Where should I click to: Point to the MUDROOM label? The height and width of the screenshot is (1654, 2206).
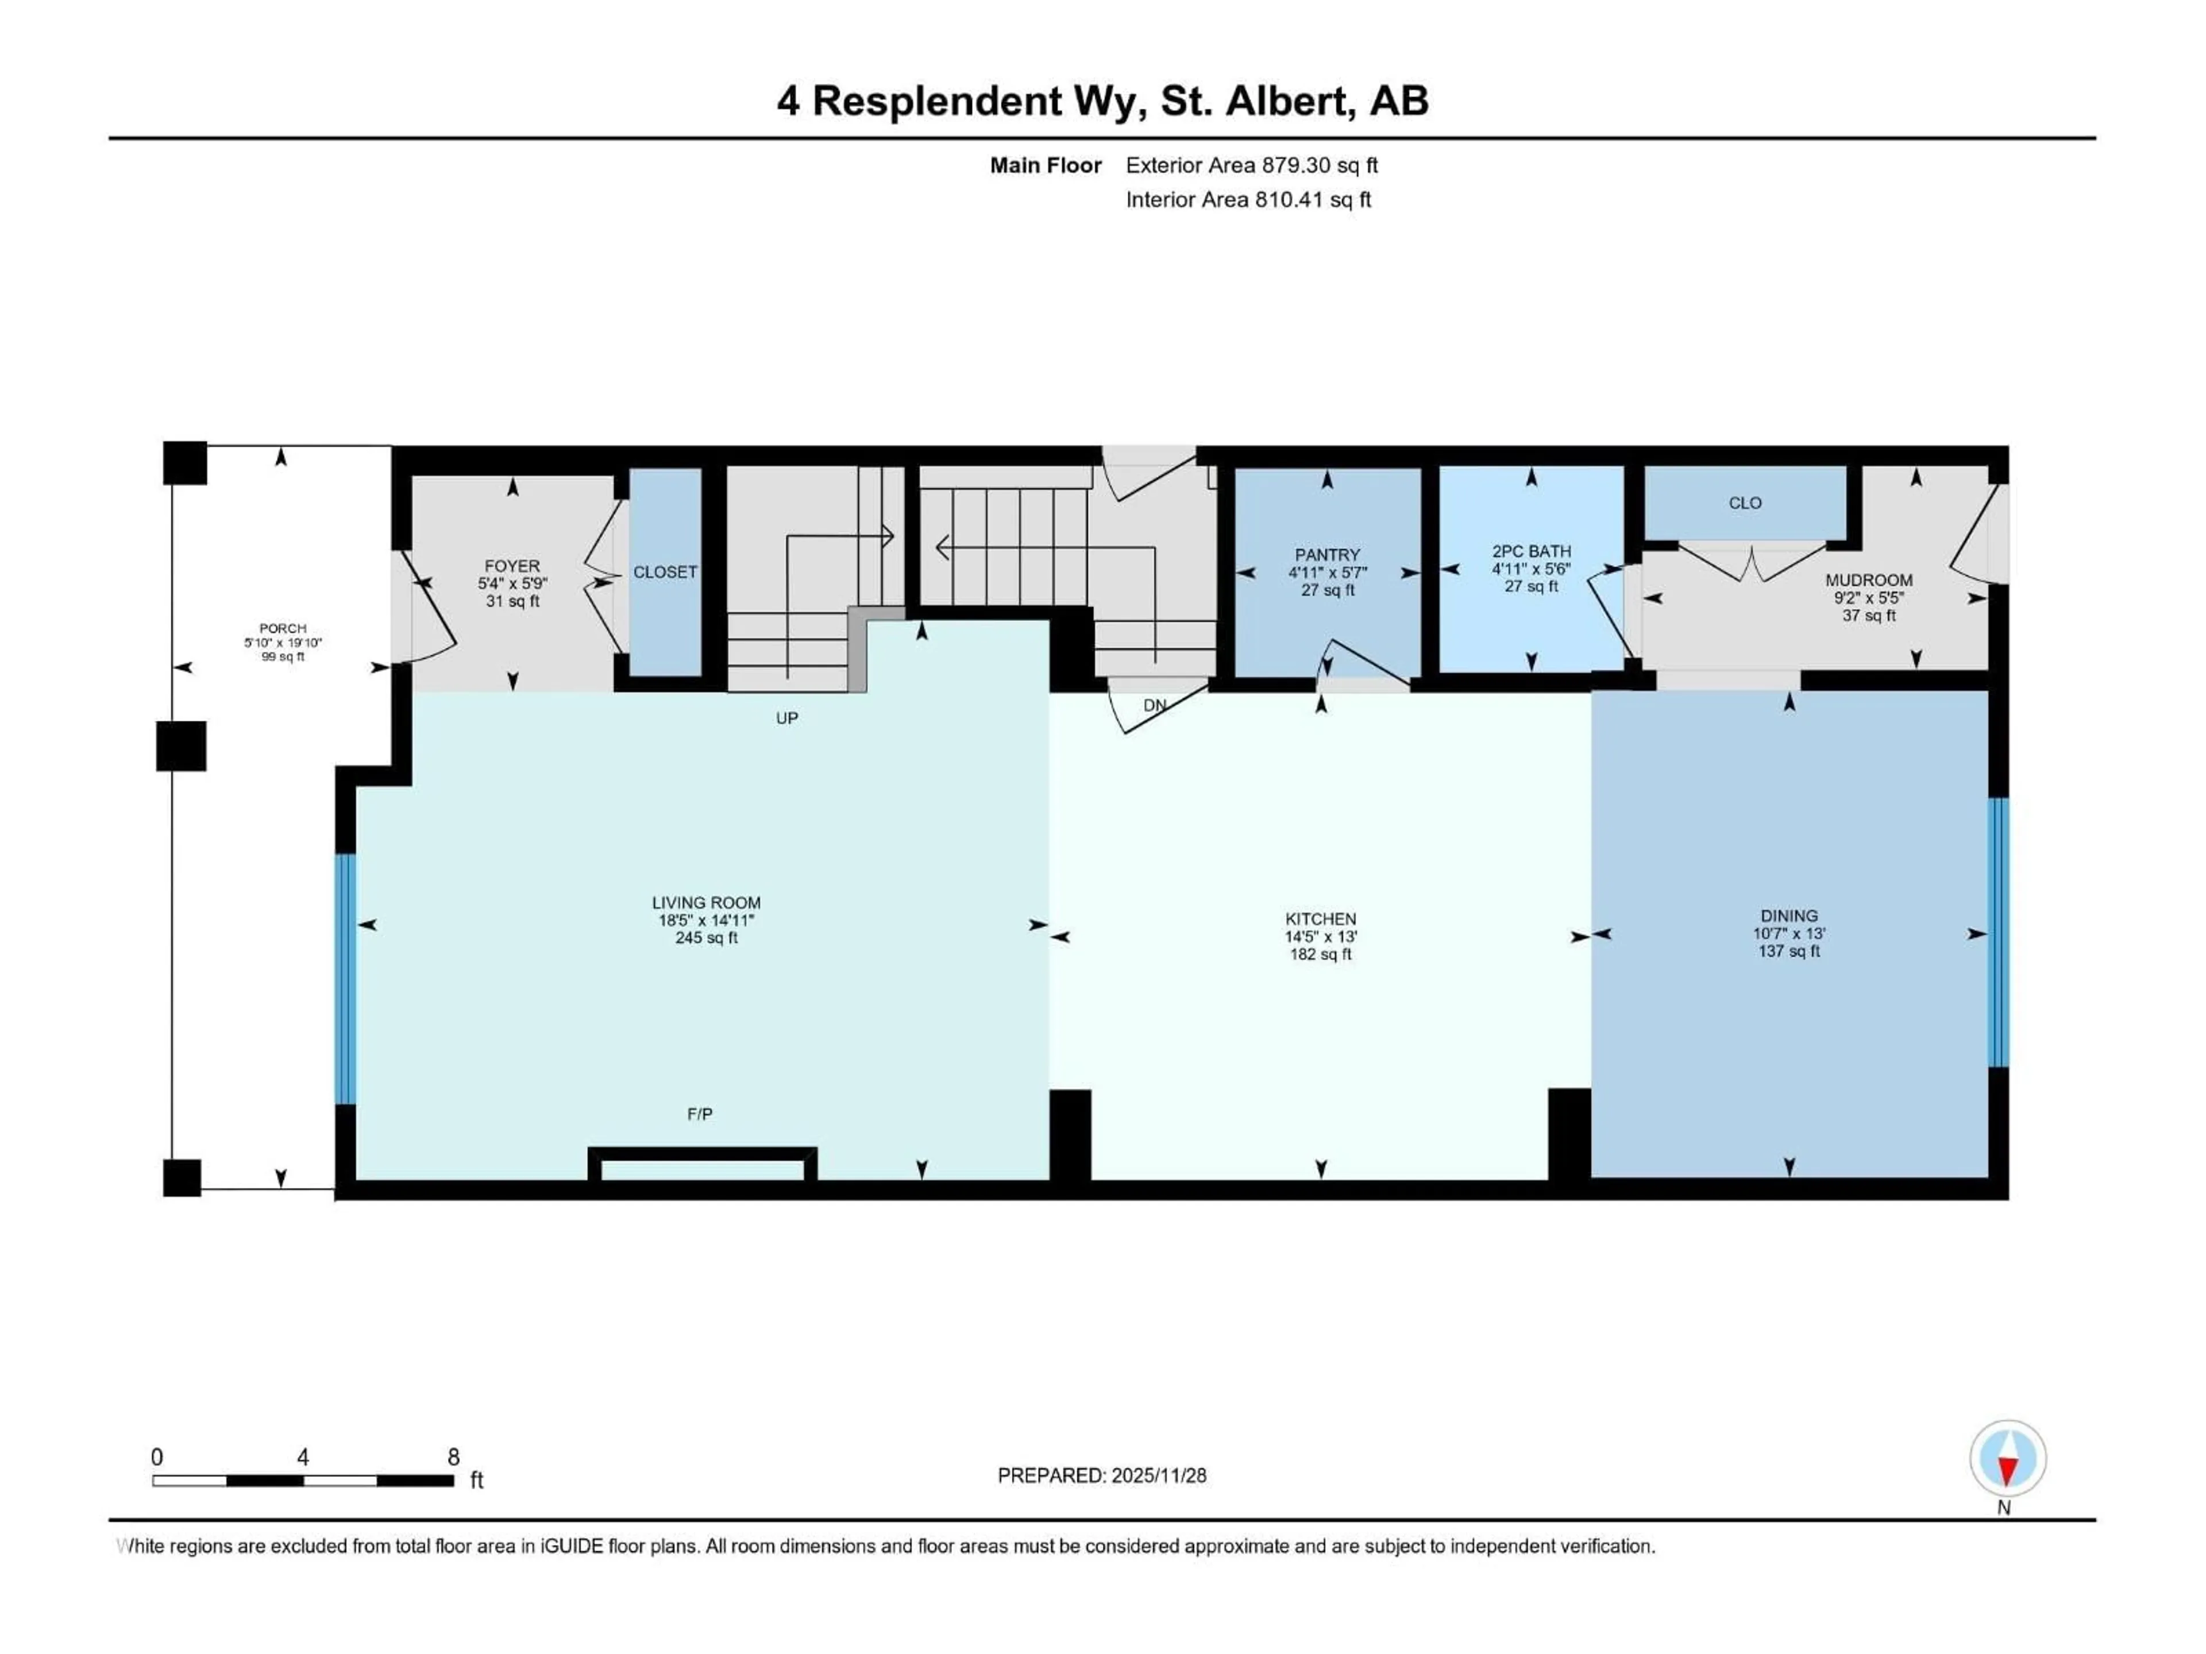1868,580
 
